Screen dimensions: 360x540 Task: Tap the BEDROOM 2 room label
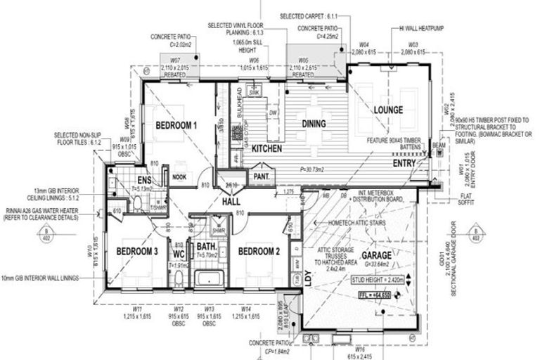(x=259, y=251)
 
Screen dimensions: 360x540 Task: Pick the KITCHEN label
(x=266, y=149)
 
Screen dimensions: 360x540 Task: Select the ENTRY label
(x=404, y=163)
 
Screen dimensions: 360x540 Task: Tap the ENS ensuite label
(x=145, y=181)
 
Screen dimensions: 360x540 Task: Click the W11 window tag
(x=136, y=309)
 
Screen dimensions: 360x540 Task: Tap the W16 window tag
(x=359, y=349)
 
